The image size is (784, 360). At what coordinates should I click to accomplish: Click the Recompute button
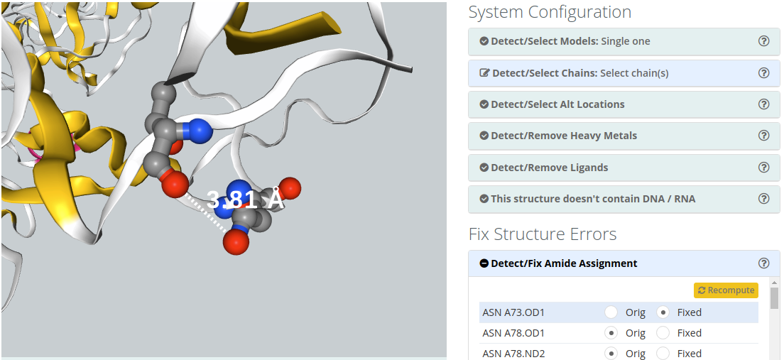pyautogui.click(x=726, y=290)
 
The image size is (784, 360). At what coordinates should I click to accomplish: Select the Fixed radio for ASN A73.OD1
pyautogui.click(x=663, y=312)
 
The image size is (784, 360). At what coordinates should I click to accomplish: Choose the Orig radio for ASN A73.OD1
pyautogui.click(x=611, y=312)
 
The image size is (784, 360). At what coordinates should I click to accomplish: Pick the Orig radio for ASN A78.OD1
pyautogui.click(x=611, y=332)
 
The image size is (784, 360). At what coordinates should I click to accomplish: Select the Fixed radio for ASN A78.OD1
pyautogui.click(x=663, y=332)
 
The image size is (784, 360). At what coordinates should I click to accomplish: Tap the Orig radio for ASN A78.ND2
pyautogui.click(x=611, y=353)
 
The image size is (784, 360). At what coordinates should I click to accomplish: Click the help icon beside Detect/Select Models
pyautogui.click(x=764, y=41)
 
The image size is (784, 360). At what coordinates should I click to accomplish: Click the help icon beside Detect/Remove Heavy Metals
pyautogui.click(x=764, y=136)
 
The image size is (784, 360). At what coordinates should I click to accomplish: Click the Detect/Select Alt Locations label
pyautogui.click(x=557, y=104)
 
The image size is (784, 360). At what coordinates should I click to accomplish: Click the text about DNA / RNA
pyautogui.click(x=593, y=199)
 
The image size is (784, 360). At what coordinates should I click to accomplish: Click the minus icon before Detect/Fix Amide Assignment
pyautogui.click(x=484, y=263)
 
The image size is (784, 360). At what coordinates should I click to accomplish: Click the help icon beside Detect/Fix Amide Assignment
pyautogui.click(x=764, y=263)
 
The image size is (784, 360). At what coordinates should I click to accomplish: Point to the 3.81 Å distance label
pyautogui.click(x=246, y=200)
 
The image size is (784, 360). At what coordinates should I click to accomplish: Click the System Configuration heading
pyautogui.click(x=550, y=12)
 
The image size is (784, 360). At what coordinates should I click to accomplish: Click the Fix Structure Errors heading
pyautogui.click(x=543, y=234)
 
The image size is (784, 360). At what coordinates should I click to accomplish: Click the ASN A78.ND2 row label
pyautogui.click(x=513, y=353)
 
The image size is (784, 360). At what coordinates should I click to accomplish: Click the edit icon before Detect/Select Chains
pyautogui.click(x=485, y=73)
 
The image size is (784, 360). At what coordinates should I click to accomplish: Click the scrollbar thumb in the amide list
pyautogui.click(x=774, y=298)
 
